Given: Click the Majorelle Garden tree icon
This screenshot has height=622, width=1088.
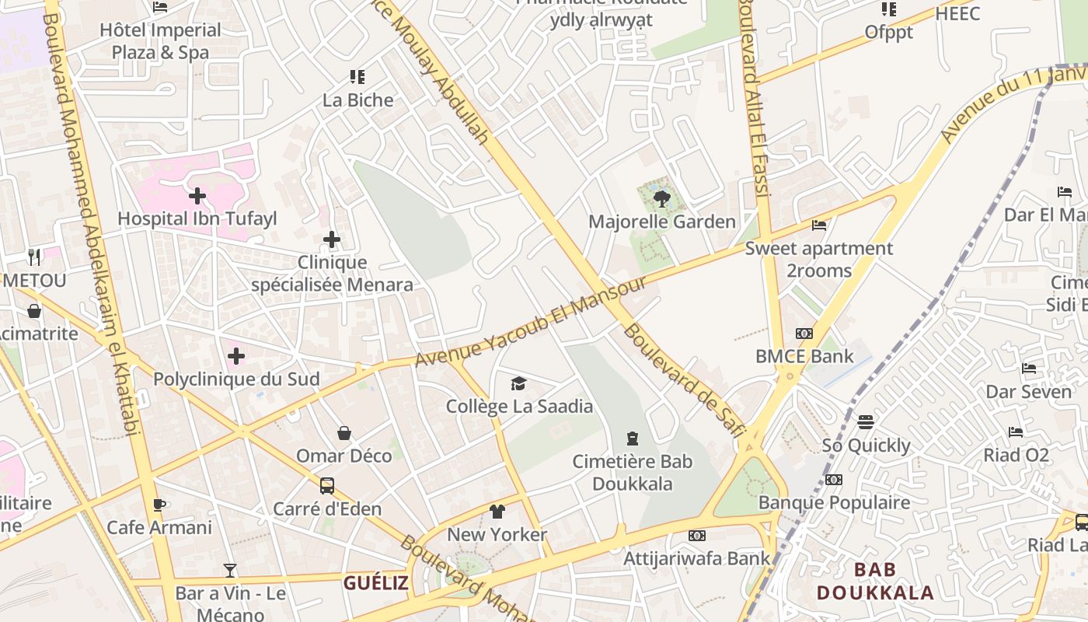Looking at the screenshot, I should (662, 199).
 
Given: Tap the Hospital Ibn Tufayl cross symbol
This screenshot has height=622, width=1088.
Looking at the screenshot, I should (197, 196).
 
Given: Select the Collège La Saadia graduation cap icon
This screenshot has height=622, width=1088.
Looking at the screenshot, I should (518, 383).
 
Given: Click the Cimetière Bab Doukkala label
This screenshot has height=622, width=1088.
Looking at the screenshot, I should (632, 472).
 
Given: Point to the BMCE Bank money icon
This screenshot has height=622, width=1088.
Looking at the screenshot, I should (804, 334).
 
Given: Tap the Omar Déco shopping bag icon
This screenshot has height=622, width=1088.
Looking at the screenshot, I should (344, 433).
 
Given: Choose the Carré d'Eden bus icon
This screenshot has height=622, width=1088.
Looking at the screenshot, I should (327, 486).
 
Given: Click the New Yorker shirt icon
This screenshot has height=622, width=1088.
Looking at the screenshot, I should (497, 512).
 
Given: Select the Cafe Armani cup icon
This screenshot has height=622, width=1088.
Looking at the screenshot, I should (159, 505).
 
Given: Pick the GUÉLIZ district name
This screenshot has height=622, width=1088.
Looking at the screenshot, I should (376, 582).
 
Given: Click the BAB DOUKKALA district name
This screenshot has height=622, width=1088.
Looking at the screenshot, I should (875, 581).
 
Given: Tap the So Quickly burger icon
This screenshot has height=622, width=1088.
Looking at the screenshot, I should (866, 422).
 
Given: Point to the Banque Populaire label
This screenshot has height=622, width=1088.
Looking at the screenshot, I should (834, 502).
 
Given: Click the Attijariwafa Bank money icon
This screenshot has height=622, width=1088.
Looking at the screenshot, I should (697, 536).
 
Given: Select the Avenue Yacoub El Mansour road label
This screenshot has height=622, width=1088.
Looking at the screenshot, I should (530, 321).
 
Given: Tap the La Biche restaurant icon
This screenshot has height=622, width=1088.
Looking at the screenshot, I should (357, 77).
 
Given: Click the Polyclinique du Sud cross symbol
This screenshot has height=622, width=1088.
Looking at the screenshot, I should (236, 357).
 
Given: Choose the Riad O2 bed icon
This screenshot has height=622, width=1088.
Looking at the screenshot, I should (1016, 432).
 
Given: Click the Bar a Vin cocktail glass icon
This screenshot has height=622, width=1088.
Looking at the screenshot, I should (229, 571).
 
